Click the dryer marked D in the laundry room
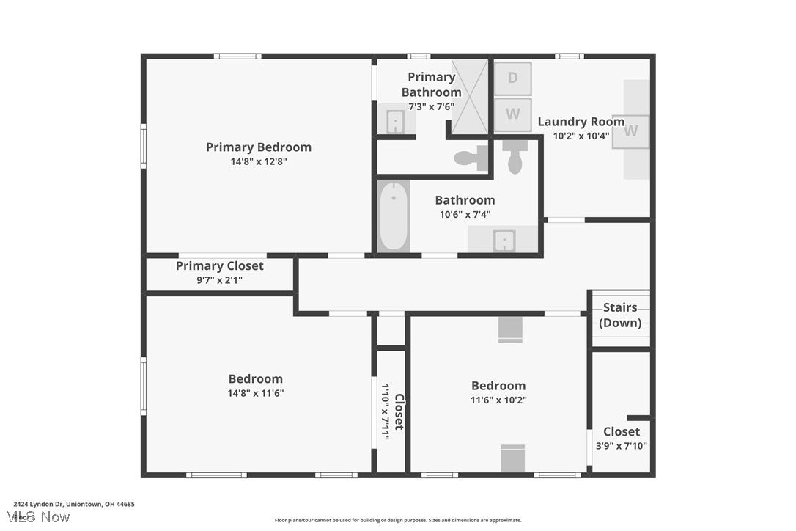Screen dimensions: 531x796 coord(512,78)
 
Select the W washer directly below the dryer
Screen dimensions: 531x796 coord(512,114)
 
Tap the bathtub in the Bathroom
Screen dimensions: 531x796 coord(394,216)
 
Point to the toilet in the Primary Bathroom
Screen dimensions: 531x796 coord(470,158)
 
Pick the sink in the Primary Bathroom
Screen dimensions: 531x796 coord(395,120)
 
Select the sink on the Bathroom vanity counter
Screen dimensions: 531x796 coord(504,240)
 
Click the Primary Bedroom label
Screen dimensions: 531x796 coord(258,147)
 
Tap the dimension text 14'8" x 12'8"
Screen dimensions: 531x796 coord(258,161)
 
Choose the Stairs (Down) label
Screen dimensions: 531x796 coord(620,315)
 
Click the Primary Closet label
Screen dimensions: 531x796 coord(219,265)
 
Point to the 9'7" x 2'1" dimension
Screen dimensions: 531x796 coord(219,279)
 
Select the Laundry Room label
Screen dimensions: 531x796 coord(581,122)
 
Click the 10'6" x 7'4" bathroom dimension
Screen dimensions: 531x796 coord(465,214)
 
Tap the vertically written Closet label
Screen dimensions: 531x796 coord(399,412)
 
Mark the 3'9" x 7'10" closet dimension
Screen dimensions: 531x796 coord(621,445)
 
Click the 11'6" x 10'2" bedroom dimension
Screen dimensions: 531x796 coord(498,400)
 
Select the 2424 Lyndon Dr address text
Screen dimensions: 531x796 coord(73,505)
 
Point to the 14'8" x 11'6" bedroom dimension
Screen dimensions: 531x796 coord(255,393)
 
